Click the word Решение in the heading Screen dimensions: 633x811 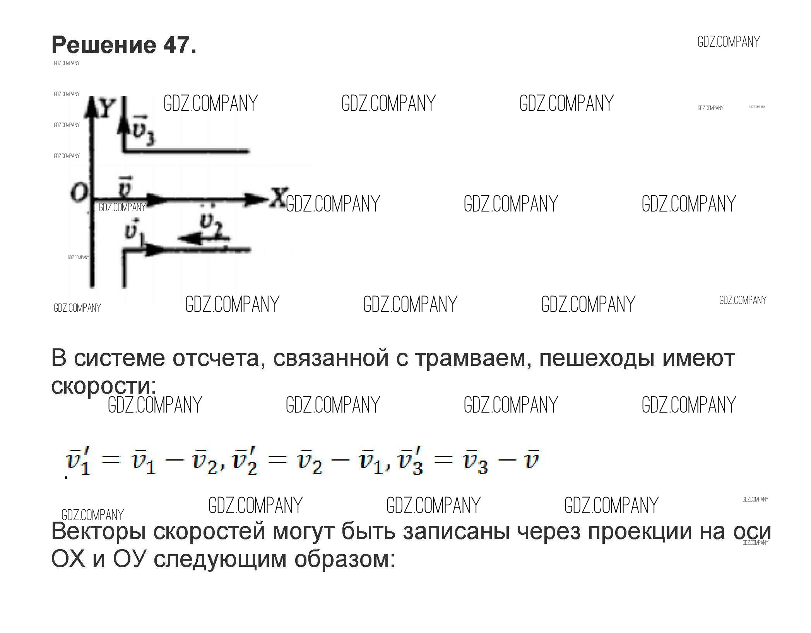[x=104, y=45]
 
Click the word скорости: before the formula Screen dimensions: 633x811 [x=103, y=385]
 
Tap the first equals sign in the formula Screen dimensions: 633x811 [x=111, y=460]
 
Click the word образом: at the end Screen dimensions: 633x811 [x=345, y=559]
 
